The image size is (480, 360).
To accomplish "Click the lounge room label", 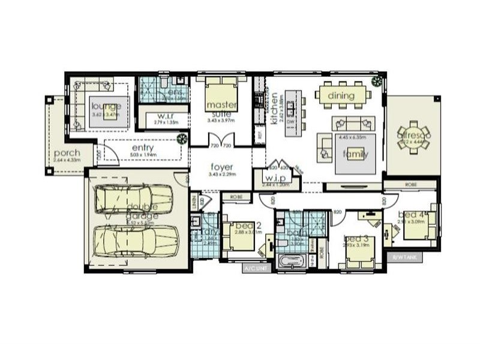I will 107,106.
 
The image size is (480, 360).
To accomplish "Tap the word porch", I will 67,153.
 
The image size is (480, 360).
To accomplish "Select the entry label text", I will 140,148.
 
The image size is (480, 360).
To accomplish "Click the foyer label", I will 221,167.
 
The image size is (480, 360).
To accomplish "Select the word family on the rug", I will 356,154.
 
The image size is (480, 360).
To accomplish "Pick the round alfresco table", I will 413,136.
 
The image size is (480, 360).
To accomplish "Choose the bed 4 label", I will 413,215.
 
